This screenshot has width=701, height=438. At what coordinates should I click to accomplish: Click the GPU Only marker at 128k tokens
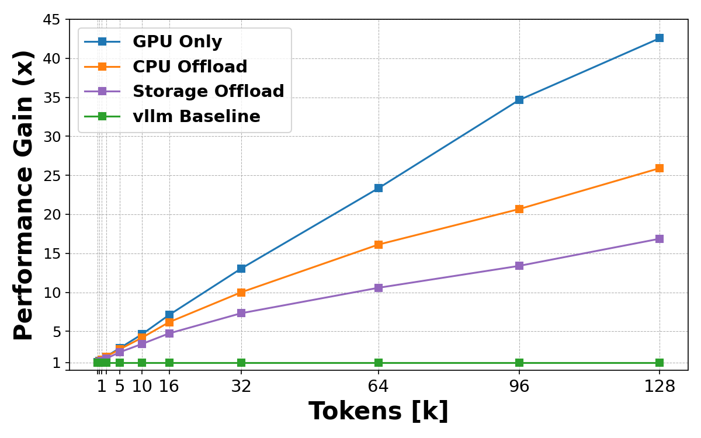pos(660,38)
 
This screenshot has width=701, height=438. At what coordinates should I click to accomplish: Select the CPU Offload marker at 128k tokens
pos(660,168)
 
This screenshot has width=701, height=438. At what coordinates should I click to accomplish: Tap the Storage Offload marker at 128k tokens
pos(660,239)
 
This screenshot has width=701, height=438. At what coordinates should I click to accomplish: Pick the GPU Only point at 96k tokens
pos(519,100)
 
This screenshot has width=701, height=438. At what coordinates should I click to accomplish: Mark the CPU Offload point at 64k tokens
pos(379,245)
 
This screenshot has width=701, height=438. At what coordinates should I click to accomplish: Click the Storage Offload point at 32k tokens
pos(241,313)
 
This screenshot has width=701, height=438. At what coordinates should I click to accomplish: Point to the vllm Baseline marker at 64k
pos(379,363)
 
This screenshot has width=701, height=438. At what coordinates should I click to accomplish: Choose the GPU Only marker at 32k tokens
pos(241,269)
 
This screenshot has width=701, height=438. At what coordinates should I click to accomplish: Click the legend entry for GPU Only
pos(177,42)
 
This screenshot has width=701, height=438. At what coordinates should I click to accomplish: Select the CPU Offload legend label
pos(190,67)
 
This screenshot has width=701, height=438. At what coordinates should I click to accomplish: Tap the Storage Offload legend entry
pos(208,92)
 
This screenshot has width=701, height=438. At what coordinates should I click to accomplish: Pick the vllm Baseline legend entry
pos(196,117)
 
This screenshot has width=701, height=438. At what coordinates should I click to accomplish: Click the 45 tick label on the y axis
pos(51,20)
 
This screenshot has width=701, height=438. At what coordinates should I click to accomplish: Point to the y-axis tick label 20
pos(51,214)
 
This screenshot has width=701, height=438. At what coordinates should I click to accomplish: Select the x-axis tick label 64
pos(379,386)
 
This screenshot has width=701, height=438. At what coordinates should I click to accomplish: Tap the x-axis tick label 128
pos(660,386)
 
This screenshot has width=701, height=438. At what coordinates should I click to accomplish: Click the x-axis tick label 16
pos(169,386)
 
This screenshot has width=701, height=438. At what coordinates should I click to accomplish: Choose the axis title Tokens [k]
pos(379,412)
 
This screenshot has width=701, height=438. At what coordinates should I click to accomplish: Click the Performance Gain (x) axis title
pos(25,194)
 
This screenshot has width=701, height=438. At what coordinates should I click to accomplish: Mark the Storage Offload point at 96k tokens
pos(519,266)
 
